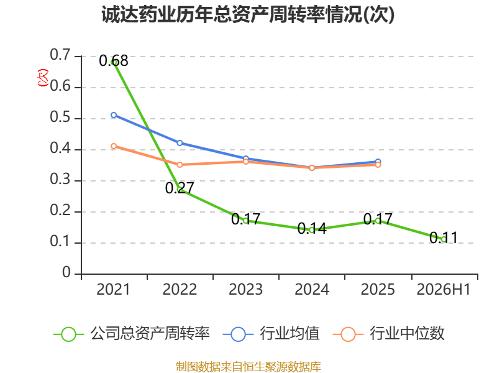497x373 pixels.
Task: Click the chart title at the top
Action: click(x=248, y=14)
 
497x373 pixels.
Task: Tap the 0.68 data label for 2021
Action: click(x=114, y=60)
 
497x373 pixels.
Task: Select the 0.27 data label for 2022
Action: click(x=180, y=188)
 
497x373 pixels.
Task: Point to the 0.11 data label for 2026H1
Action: click(x=444, y=238)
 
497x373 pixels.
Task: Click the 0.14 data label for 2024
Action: click(x=312, y=228)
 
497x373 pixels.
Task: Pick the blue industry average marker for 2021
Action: click(x=114, y=115)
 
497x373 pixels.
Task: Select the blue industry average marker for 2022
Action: click(x=180, y=143)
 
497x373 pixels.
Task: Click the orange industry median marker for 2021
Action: click(x=114, y=146)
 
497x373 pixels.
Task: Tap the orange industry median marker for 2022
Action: click(x=180, y=165)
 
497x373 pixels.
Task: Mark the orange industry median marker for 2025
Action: click(x=378, y=165)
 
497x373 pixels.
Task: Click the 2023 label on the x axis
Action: click(x=245, y=290)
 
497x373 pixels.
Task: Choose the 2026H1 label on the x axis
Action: click(x=444, y=290)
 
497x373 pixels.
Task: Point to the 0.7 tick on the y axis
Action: click(x=60, y=55)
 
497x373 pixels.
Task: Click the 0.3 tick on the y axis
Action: click(x=60, y=180)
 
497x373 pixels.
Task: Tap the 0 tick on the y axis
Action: click(x=66, y=272)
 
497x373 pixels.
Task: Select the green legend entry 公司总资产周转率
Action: click(x=132, y=334)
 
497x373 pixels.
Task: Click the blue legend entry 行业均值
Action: click(x=271, y=334)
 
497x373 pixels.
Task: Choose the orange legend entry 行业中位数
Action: click(x=389, y=334)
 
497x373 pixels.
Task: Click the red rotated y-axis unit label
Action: click(x=43, y=78)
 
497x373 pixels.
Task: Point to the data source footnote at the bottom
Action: click(x=248, y=367)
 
